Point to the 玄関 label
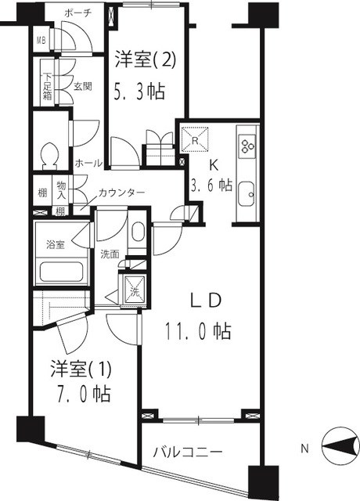point(84,86)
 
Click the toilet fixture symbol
point(49,154)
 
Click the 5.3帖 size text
point(141,92)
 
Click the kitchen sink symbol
point(247,192)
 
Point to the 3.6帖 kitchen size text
point(211,186)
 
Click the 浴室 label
point(54,244)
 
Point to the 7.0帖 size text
point(81,391)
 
